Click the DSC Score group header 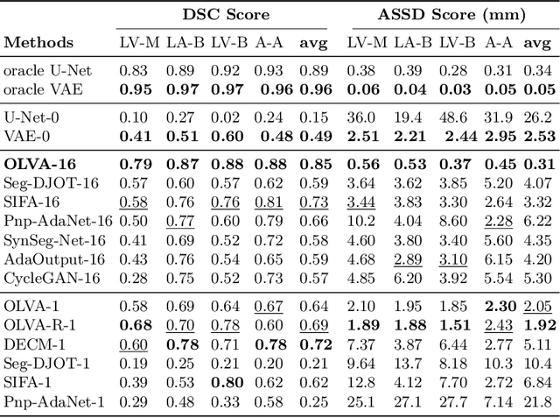226,15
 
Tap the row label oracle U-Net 45,70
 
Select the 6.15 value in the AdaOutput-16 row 499,259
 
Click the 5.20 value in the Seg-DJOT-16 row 499,182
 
